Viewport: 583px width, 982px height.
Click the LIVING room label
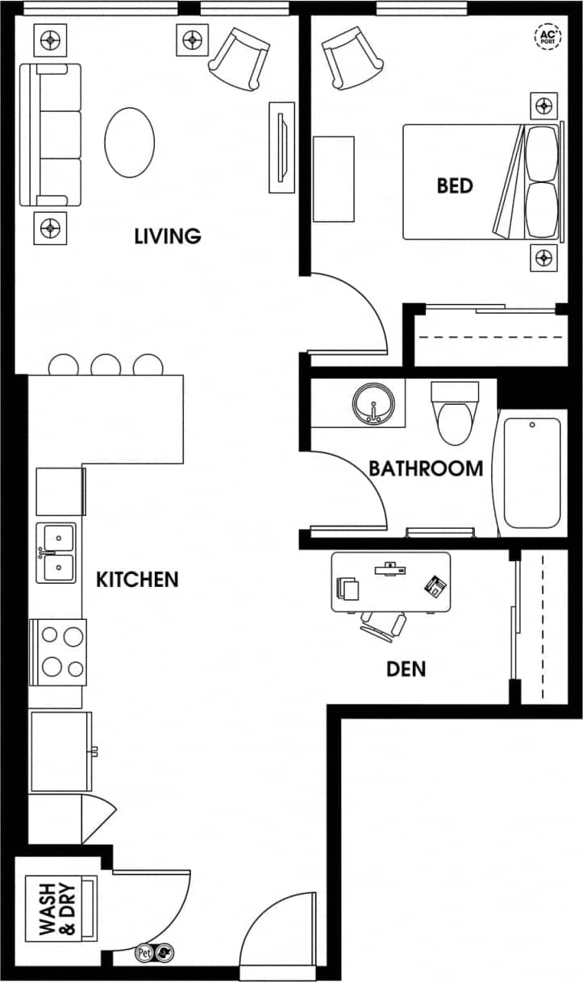(x=167, y=236)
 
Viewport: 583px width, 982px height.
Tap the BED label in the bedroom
(x=455, y=185)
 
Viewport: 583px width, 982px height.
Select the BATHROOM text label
(x=426, y=468)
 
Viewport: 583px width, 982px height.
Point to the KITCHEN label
(x=137, y=580)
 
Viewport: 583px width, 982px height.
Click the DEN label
(x=406, y=668)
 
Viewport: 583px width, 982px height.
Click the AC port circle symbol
(x=546, y=35)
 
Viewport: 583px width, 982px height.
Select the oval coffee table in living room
(x=129, y=142)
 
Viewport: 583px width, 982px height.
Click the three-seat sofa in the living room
(x=51, y=135)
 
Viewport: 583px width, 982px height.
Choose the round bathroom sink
(x=373, y=403)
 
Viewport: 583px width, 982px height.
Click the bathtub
(x=531, y=472)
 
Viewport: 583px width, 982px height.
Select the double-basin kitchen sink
(x=57, y=552)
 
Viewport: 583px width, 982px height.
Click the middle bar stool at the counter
(x=106, y=366)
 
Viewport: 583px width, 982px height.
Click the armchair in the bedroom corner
(x=344, y=56)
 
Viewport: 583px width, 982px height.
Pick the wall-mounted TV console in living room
(x=281, y=147)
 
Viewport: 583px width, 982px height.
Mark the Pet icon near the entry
(x=145, y=952)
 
